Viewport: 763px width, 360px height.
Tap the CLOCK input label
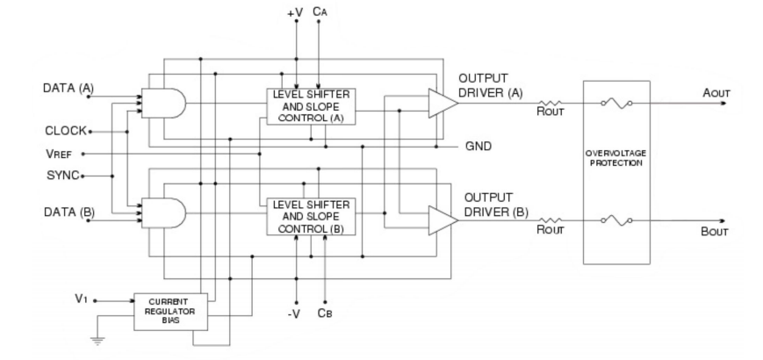66,131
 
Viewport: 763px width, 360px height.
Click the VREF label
61,153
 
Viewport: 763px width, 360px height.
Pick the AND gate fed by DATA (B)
169,214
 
